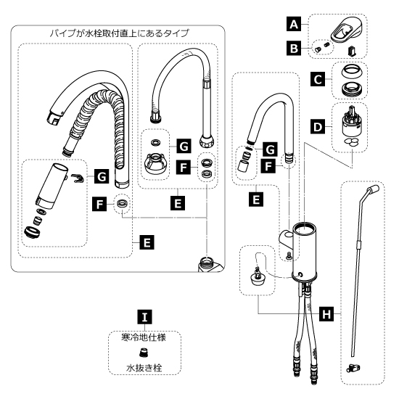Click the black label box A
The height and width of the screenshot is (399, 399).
[x=294, y=24]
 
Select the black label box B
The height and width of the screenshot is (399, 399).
[x=294, y=48]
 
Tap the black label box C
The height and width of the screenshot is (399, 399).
[x=318, y=79]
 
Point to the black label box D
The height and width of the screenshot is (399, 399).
[x=318, y=126]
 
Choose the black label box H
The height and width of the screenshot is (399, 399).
[x=326, y=313]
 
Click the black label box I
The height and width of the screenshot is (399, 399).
[x=144, y=317]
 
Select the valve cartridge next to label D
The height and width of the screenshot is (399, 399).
[x=350, y=122]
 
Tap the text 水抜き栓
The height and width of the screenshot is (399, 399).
[x=144, y=368]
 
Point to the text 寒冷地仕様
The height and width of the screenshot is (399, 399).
[x=144, y=337]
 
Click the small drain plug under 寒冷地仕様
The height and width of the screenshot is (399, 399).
[x=144, y=353]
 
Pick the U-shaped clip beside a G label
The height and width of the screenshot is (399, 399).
[x=77, y=178]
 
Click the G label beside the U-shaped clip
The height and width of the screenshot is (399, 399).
[x=102, y=176]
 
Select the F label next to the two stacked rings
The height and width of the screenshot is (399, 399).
[x=184, y=167]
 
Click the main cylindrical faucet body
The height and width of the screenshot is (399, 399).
[x=305, y=252]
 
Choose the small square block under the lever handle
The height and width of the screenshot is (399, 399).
[x=352, y=50]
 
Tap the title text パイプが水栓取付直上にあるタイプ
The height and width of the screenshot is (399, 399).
[x=119, y=33]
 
